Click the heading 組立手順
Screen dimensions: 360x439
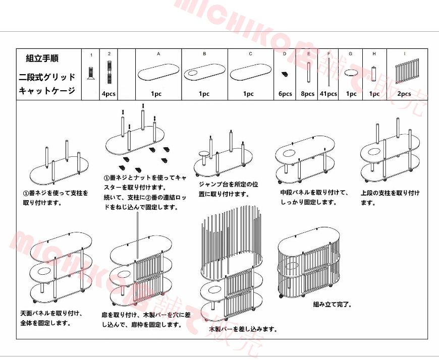(42, 59)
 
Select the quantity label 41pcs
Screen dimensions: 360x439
(329, 94)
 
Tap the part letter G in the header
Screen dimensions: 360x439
(350, 53)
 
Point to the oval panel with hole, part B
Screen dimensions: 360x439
(203, 74)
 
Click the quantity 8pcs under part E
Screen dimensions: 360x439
(308, 94)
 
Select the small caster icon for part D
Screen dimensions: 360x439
(285, 75)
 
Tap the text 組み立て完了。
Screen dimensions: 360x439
(333, 305)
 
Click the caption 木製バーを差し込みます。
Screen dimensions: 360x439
(243, 329)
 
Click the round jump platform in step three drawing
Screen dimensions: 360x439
(204, 153)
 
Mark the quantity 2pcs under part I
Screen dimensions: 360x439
(404, 94)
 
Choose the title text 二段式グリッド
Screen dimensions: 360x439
(47, 77)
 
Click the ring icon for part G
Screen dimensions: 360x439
(350, 74)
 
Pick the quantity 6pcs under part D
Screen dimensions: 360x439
(285, 94)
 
